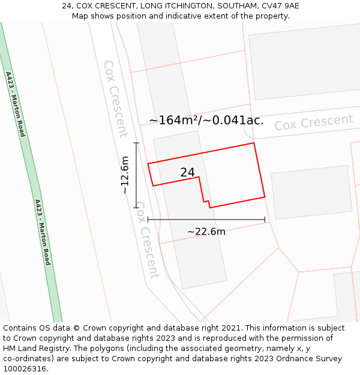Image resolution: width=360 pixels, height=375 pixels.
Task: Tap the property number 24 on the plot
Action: (x=187, y=173)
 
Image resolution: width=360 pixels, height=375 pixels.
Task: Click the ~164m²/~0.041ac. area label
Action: (x=206, y=120)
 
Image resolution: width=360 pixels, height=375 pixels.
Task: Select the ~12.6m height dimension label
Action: (x=124, y=175)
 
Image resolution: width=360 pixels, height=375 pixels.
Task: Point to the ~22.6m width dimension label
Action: (x=206, y=232)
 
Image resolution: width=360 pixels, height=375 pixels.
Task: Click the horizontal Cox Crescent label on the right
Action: (x=314, y=122)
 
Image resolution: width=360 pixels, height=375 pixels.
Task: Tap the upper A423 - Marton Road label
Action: (x=16, y=104)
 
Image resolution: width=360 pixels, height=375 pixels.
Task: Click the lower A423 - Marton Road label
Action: (x=42, y=232)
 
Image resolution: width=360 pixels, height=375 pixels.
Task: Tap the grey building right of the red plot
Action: (x=311, y=191)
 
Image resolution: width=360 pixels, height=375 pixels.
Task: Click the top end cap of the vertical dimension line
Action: (x=136, y=143)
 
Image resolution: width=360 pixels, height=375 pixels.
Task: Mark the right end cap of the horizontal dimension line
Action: (x=265, y=220)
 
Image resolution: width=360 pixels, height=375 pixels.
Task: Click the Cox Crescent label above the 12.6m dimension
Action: (x=115, y=98)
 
